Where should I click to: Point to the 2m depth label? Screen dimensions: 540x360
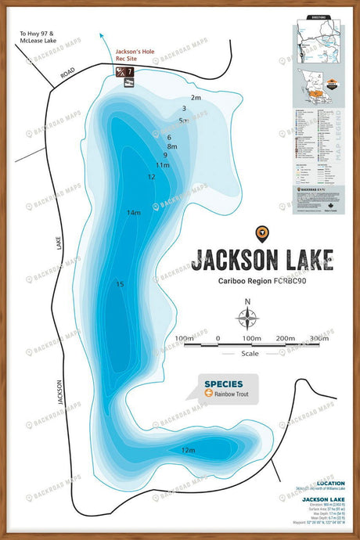(196, 98)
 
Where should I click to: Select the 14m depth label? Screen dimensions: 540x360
(134, 212)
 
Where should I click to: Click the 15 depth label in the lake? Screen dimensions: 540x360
(119, 284)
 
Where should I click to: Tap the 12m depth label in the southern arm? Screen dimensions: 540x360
(188, 450)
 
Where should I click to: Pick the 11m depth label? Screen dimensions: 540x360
(162, 165)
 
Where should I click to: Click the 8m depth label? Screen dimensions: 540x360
(172, 146)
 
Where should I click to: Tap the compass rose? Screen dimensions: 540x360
(247, 317)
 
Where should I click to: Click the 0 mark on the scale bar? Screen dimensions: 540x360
(218, 338)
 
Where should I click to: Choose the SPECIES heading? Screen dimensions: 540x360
(223, 383)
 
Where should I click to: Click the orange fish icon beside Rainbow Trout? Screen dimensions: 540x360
(207, 394)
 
